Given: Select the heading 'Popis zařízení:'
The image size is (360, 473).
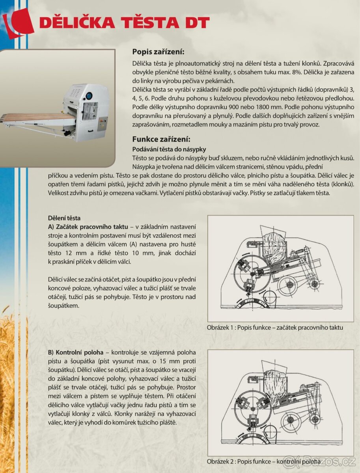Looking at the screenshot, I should click(x=158, y=52).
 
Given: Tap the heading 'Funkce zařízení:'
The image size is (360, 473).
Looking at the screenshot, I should click(x=161, y=139).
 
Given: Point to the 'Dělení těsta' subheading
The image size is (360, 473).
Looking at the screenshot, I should click(x=64, y=218).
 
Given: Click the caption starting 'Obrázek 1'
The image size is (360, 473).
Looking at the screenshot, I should click(x=275, y=328).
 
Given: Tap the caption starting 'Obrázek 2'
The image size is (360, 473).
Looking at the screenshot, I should click(x=263, y=461).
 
